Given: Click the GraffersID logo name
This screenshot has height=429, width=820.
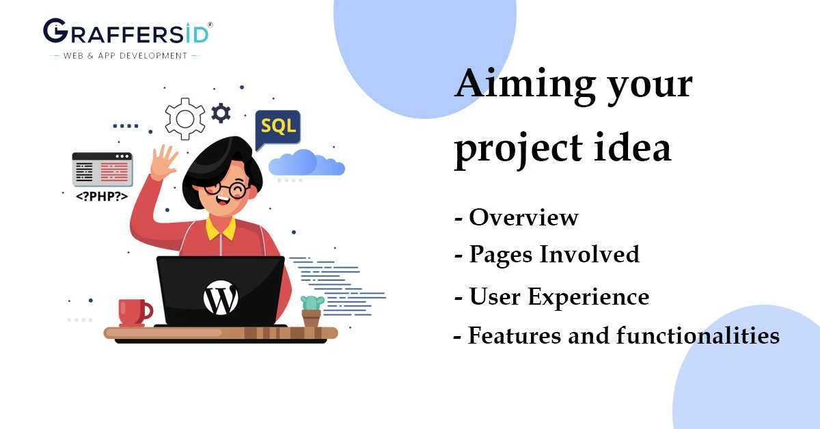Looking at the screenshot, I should click(127, 31).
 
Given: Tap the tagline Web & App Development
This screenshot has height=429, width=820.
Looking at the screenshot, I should click(125, 55).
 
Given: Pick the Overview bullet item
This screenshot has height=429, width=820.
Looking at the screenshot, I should click(523, 217).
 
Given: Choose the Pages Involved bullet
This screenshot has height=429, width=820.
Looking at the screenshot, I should click(553, 255).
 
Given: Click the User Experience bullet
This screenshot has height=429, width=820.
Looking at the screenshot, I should click(558, 297).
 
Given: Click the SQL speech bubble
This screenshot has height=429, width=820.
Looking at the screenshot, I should click(278, 128).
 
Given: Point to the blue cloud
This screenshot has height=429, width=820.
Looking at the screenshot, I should click(305, 165).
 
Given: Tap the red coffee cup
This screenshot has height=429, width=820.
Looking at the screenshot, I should click(133, 312).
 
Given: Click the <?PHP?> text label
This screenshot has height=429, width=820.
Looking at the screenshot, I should click(102, 196).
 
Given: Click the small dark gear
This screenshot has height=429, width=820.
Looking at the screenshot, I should click(220, 113).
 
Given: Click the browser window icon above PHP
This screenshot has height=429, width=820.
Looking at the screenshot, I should click(102, 169).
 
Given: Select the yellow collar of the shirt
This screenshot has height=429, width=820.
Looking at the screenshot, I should click(219, 228).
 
